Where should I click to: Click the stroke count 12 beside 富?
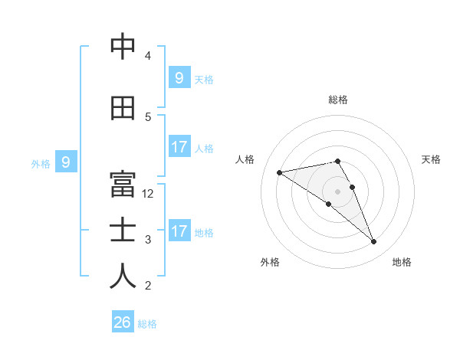[149, 194]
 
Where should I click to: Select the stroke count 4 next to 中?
[148, 56]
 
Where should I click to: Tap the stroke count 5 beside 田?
[148, 117]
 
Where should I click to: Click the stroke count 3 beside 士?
[148, 240]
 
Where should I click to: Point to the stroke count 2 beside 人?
[148, 286]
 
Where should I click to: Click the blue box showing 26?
[122, 322]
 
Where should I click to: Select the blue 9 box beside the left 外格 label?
[66, 162]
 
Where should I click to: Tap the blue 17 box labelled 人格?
[179, 147]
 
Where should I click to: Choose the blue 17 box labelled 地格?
[179, 231]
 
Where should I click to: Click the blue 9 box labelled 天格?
[179, 77]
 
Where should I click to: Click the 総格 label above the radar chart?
[338, 100]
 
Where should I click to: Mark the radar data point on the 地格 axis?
[374, 242]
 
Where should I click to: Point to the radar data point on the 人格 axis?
[279, 172]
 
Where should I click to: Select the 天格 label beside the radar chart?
[432, 159]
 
